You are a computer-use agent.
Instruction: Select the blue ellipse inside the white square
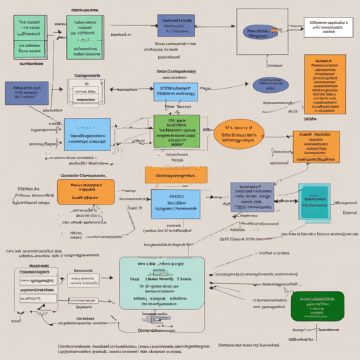[x=259, y=32]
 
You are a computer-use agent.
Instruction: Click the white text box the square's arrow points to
[x=325, y=27]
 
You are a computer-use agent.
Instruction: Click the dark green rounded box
[x=317, y=305]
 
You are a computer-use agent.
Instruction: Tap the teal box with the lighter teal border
[x=313, y=200]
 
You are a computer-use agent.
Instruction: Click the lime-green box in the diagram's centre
[x=176, y=134]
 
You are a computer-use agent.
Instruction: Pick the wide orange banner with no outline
[x=176, y=175]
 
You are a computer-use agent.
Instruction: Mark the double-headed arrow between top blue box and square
[x=216, y=27]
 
